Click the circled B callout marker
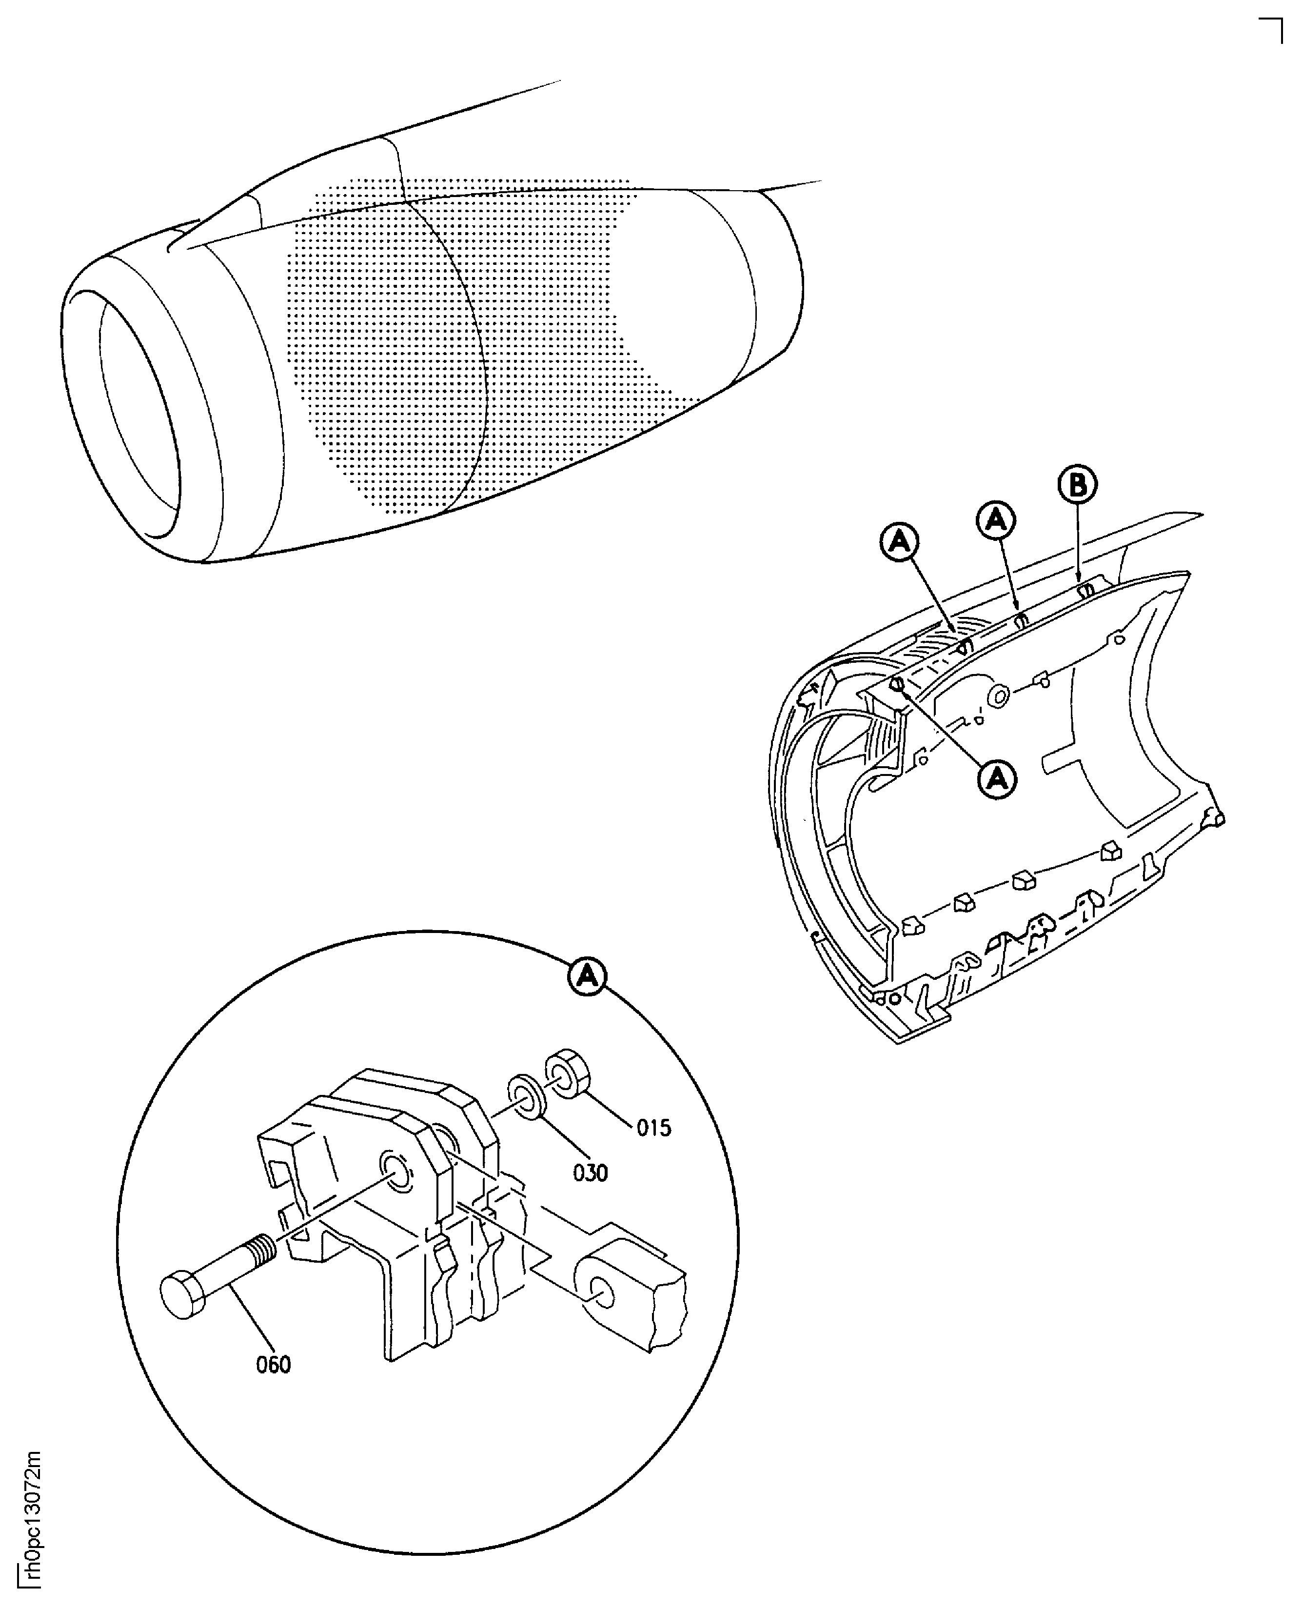coord(1077,486)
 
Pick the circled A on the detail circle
coord(588,976)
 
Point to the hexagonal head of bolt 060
coord(182,1294)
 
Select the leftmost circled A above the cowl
coord(900,543)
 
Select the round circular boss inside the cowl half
coord(1000,696)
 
